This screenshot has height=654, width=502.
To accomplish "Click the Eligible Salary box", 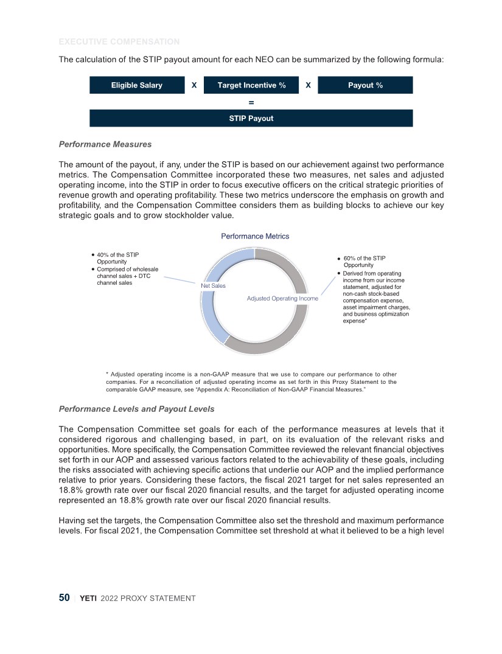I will tap(136, 85).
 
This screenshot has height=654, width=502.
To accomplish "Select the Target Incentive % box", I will tap(251, 85).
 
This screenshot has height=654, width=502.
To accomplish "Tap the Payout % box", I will tap(365, 85).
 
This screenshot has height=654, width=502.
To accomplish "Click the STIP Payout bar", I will tap(251, 118).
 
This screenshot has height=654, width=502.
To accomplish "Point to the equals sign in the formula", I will tap(251, 102).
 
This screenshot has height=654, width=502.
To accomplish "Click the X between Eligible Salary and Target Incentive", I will tap(193, 85).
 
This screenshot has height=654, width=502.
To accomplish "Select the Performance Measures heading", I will tap(105, 145).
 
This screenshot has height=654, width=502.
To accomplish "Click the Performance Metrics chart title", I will tap(255, 236).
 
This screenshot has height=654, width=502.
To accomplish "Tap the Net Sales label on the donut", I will tap(213, 285).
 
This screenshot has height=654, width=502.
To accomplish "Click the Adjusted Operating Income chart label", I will tap(282, 298).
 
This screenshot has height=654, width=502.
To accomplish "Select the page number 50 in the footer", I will tap(64, 598).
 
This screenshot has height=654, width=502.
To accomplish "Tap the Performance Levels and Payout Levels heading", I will tap(136, 409).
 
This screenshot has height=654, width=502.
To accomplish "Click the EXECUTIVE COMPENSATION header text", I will tap(119, 42).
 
